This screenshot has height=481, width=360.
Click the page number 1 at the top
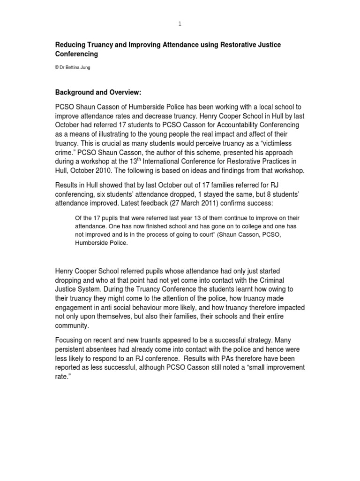(x=180, y=24)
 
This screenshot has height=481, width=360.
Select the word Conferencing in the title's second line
(x=77, y=54)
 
